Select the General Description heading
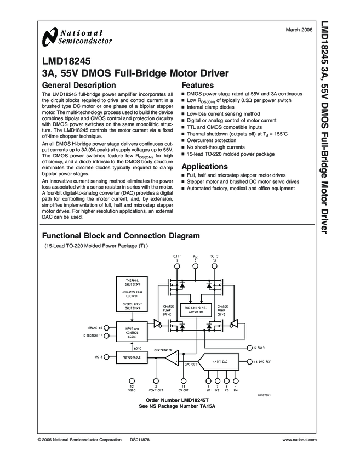pyautogui.click(x=79, y=86)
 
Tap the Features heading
pyautogui.click(x=197, y=86)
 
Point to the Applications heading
pyautogui.click(x=204, y=167)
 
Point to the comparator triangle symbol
pyautogui.click(x=171, y=359)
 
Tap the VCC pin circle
pyautogui.click(x=196, y=267)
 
